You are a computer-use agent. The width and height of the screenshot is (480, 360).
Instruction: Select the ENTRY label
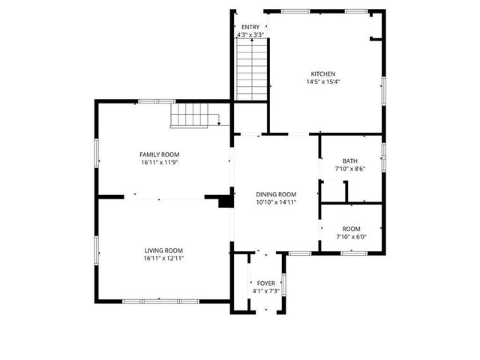pos(250,27)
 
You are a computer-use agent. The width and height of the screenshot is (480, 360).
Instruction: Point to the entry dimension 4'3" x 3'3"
pos(250,34)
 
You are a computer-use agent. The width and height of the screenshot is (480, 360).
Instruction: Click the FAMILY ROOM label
pos(159,154)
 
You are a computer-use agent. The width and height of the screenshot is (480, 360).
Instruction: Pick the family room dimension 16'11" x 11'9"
pos(159,162)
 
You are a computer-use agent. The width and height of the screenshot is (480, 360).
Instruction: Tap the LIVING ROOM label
pos(163,250)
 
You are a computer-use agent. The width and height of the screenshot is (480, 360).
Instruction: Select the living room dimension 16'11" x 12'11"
pos(163,258)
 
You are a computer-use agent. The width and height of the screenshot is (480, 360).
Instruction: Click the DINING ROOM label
pos(276,193)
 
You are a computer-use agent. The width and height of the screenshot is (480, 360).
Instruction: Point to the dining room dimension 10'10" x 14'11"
pos(276,202)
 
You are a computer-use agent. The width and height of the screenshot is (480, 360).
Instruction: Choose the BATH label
pos(350,160)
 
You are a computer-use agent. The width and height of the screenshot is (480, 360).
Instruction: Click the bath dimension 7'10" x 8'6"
pos(350,169)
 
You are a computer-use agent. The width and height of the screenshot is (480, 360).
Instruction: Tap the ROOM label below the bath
pos(351,229)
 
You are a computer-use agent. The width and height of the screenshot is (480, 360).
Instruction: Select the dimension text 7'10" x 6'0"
pos(351,237)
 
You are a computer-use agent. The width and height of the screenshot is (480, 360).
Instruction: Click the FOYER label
pos(265,283)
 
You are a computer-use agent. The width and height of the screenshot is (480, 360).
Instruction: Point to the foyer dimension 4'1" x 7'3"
pos(265,291)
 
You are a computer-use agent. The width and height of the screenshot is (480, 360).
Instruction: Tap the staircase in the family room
pos(191,115)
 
